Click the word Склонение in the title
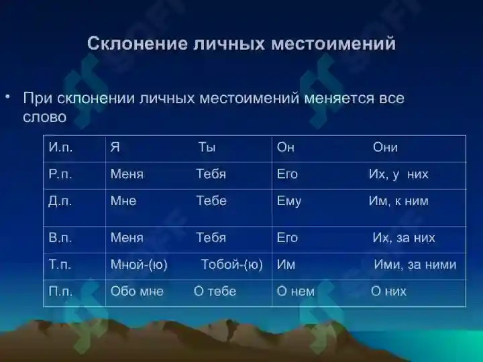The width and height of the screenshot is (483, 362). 138,43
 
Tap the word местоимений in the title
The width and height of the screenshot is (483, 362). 333,43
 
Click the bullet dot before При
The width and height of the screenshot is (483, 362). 7,97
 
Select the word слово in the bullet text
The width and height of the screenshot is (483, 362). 45,117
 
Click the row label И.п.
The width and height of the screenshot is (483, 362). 60,147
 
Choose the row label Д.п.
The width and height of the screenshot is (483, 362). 60,201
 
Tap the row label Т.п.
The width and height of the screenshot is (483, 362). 60,264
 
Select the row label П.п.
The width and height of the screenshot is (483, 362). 60,291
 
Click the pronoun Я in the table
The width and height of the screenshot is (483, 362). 115,147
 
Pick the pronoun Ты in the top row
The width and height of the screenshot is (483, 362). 207,147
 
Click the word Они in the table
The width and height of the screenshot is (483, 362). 385,147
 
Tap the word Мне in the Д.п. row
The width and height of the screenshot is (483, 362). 123,201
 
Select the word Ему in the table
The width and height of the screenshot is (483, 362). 289,201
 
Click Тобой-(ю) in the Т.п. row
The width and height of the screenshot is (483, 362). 232,265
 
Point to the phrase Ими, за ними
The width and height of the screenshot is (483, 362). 415,265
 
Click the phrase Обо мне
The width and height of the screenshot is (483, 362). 137,291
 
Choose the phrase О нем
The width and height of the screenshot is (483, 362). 295,292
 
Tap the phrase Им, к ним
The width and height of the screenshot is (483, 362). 398,201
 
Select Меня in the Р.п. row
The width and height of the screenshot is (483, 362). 127,174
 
